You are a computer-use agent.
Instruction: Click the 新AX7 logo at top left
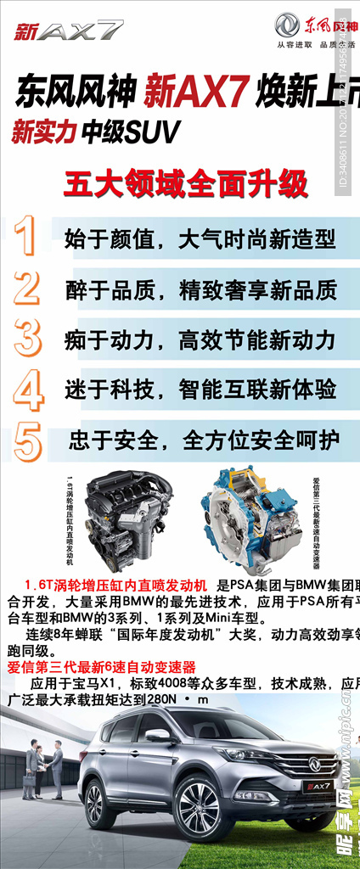(69, 32)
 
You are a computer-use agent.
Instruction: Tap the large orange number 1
(28, 237)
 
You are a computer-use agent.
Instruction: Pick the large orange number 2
(27, 288)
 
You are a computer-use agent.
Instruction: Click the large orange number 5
(28, 440)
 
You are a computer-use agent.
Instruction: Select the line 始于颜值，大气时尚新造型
(200, 239)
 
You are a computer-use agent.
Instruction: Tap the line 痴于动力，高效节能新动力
(200, 340)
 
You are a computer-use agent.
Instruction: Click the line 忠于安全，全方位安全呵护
(205, 440)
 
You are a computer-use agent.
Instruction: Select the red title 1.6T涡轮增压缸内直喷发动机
(115, 586)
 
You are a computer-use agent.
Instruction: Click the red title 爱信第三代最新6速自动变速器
(101, 666)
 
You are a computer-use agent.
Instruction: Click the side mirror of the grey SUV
(158, 736)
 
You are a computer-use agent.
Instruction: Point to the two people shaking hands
(42, 768)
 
